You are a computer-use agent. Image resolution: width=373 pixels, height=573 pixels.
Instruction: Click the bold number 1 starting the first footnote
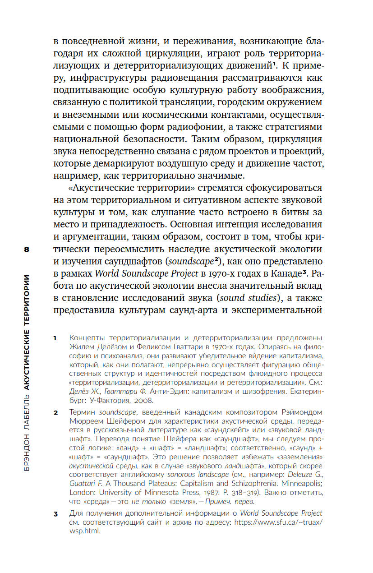[x=55, y=337]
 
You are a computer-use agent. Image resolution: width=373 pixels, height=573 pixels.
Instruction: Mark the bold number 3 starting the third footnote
[x=55, y=513]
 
